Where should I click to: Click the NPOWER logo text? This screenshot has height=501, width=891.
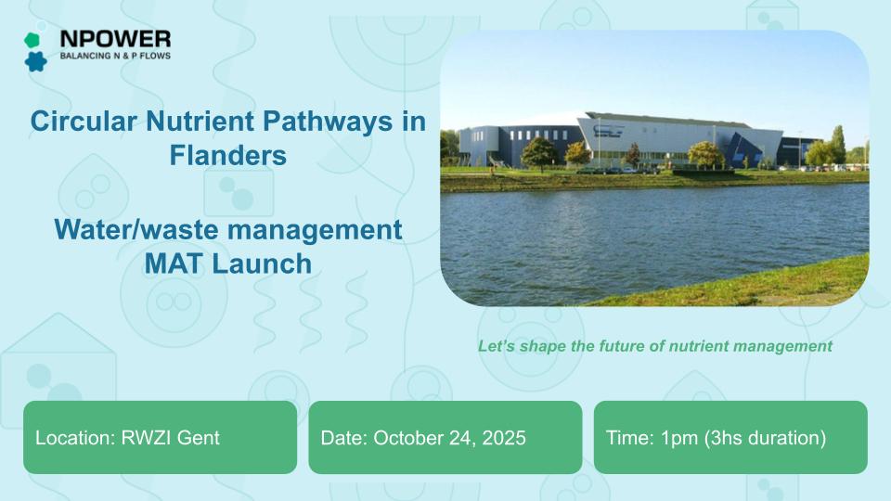pyautogui.click(x=114, y=38)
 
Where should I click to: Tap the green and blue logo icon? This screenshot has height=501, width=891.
pyautogui.click(x=35, y=51)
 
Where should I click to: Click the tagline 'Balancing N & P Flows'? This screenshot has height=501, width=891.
pyautogui.click(x=114, y=56)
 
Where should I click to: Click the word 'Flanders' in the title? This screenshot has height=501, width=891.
pyautogui.click(x=227, y=154)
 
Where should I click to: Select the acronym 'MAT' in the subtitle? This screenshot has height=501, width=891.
pyautogui.click(x=176, y=263)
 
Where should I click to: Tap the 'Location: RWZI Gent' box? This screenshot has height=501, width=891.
pyautogui.click(x=160, y=437)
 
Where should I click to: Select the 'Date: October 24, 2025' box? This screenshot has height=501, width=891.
pyautogui.click(x=445, y=437)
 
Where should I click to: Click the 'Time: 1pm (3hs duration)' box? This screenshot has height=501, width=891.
pyautogui.click(x=730, y=437)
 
